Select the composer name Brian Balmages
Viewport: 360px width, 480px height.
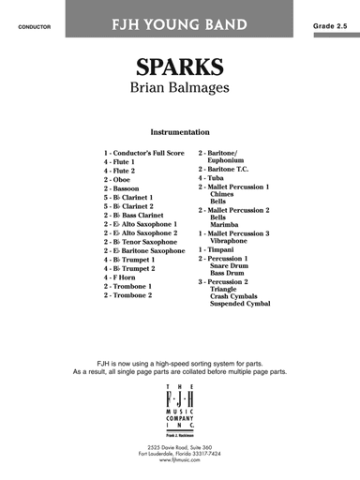pyautogui.click(x=179, y=96)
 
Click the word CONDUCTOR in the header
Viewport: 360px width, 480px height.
pyautogui.click(x=34, y=15)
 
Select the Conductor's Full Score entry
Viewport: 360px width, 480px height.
pyautogui.click(x=144, y=153)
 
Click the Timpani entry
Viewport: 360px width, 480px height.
pyautogui.click(x=217, y=250)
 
